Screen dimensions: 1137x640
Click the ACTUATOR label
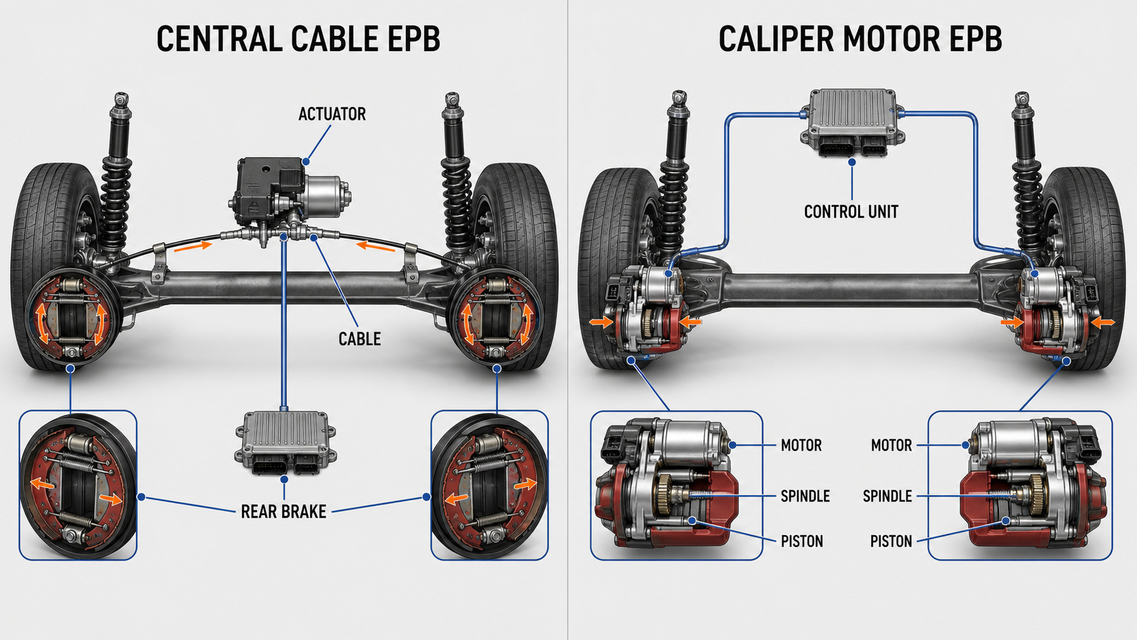(x=332, y=114)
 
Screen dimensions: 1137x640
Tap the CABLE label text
(x=359, y=339)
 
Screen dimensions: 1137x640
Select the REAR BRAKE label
(x=284, y=511)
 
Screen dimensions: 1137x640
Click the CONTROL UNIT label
(x=851, y=212)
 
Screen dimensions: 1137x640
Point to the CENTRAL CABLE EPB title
(x=298, y=39)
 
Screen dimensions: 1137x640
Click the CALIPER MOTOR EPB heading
(x=860, y=39)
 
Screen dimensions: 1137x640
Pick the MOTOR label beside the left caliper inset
(x=801, y=445)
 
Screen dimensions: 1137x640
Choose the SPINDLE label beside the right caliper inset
(x=887, y=496)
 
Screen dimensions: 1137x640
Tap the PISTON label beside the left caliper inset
(x=802, y=541)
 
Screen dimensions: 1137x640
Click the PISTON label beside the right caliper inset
(x=892, y=541)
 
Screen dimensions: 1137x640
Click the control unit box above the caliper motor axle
(x=852, y=122)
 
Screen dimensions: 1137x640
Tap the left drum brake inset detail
(x=78, y=485)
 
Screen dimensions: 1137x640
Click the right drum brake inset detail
(x=490, y=485)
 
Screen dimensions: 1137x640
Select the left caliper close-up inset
(x=676, y=485)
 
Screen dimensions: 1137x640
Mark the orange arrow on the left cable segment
(x=192, y=247)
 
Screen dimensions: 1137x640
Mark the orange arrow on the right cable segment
(x=375, y=247)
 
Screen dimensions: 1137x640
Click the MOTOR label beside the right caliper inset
(x=892, y=445)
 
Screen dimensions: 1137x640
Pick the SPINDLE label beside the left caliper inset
(x=805, y=496)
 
